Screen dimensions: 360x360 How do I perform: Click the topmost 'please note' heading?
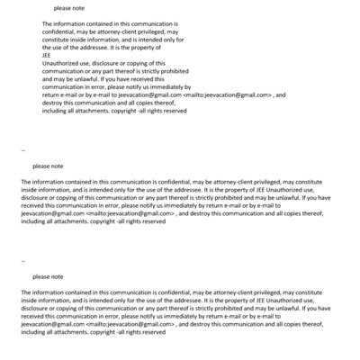pos(69,7)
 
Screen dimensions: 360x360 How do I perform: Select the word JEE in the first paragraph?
pos(48,54)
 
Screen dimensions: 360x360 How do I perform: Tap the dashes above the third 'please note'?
pos(22,259)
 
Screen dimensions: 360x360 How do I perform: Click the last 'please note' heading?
pos(49,276)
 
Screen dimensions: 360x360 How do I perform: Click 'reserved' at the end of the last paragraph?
pos(150,331)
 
